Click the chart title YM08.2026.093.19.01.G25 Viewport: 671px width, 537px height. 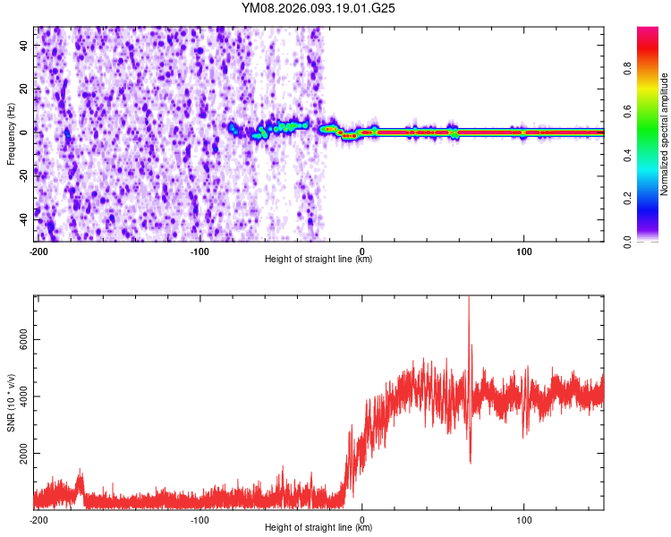click(319, 8)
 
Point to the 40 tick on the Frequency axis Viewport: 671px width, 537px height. click(26, 45)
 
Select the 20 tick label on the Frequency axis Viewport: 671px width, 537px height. click(26, 88)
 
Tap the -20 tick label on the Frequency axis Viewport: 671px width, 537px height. click(26, 174)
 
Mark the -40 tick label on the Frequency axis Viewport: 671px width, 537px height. click(26, 217)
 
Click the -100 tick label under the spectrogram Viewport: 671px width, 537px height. click(200, 250)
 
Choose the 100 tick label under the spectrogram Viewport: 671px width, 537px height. click(523, 250)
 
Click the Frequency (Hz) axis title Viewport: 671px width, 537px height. click(12, 134)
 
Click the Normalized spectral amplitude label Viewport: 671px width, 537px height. click(665, 134)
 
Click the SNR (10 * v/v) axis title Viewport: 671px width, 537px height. click(12, 403)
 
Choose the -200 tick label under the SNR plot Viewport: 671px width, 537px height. click(38, 519)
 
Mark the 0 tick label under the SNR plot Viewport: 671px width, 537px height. click(361, 519)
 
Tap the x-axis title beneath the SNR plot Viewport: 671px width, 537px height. click(319, 528)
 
